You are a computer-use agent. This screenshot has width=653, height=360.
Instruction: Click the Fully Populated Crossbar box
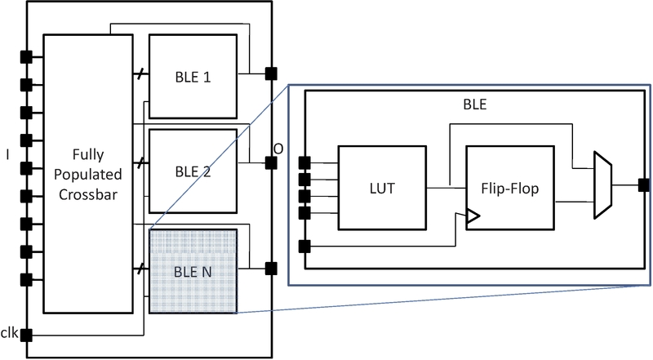87,174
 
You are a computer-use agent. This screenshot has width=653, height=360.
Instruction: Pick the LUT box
381,189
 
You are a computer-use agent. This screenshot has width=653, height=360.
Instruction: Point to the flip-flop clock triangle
472,217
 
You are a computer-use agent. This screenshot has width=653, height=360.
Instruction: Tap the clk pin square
26,334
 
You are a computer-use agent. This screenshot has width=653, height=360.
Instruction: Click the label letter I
7,153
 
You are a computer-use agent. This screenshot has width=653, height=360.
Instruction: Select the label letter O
278,149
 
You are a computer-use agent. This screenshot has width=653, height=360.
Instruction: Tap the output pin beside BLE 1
269,74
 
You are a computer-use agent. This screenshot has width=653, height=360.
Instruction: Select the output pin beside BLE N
269,267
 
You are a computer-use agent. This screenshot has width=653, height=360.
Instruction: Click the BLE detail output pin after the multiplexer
643,184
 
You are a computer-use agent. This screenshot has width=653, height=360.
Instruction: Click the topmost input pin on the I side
26,56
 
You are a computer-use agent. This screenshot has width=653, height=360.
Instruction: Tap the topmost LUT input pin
305,162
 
